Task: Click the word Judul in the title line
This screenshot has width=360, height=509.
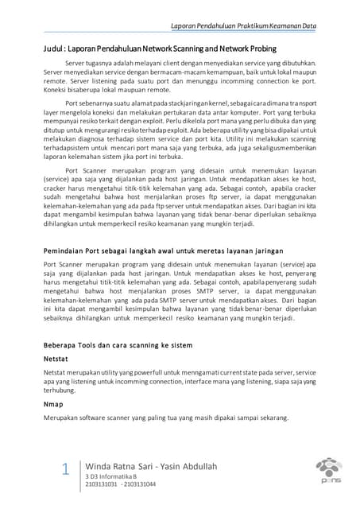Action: point(56,47)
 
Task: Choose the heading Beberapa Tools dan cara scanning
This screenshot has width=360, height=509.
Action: point(118,347)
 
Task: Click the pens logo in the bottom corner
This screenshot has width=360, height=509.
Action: point(329,469)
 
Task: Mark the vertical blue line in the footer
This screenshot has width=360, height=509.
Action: point(79,471)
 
